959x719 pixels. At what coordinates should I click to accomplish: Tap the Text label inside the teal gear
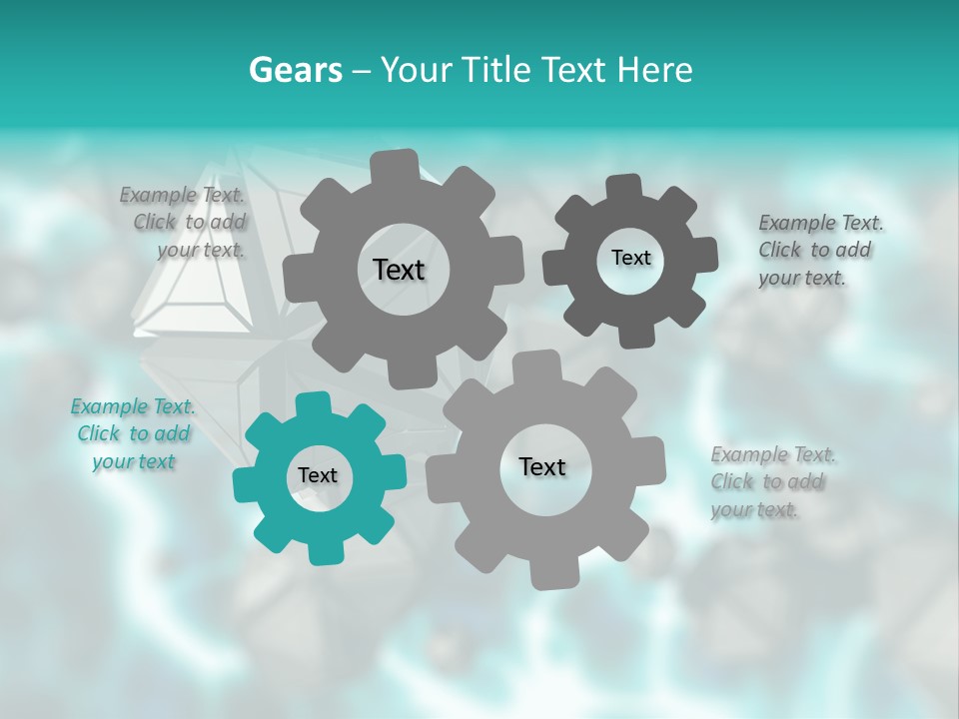coord(318,475)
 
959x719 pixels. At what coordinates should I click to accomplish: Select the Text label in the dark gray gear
coord(630,258)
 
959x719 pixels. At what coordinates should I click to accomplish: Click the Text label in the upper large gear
coord(399,270)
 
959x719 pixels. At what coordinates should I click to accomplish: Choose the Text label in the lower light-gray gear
coord(542,466)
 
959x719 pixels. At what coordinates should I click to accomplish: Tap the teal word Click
coord(99,433)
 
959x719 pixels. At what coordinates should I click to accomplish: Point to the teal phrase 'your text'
coord(133,461)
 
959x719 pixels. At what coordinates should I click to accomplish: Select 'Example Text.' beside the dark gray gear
coord(821,223)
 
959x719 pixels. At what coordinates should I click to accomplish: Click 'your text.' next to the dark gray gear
coord(802,279)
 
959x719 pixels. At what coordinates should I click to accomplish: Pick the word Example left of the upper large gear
coord(158,195)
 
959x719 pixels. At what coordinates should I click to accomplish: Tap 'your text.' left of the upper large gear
coord(201,250)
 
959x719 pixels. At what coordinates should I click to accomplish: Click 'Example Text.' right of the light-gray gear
coord(773,455)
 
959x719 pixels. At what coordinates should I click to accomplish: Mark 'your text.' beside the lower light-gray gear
coord(754,510)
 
